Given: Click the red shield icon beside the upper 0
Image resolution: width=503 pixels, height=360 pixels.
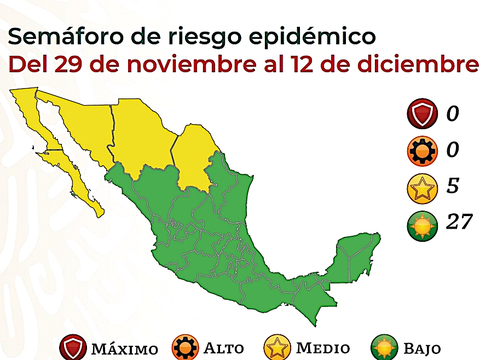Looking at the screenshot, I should point(422,114).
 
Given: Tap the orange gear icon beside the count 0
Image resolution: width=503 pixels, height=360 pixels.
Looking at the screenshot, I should point(422,151).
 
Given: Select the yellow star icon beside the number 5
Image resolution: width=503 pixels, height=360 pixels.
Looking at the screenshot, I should point(422,188).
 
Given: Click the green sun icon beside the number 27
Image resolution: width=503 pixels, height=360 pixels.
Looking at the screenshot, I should point(422,225).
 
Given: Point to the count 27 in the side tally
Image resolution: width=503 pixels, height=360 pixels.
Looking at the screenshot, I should point(459,222).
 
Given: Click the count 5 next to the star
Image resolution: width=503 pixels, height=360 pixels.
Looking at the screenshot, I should point(453,186).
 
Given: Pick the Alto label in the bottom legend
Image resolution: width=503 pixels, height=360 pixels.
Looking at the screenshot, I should point(224,348).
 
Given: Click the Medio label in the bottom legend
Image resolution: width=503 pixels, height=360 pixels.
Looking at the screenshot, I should point(323,348).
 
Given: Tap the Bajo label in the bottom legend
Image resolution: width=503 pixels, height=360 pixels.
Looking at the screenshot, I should point(422,349).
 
